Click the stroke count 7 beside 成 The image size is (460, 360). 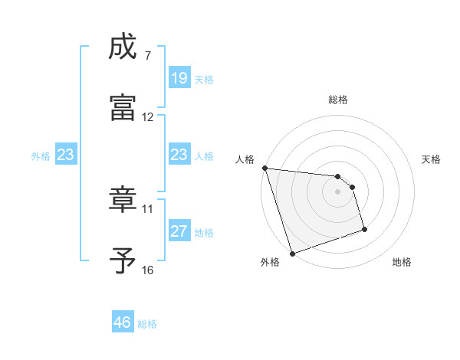148,56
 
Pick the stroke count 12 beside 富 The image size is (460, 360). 148,117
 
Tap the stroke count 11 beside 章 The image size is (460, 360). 148,208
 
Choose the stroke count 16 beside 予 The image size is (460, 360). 148,270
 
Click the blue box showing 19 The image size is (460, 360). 179,78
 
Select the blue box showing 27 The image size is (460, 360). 179,231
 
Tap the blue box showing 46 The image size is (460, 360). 123,322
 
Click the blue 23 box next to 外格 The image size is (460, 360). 66,155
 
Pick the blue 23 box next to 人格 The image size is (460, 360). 179,155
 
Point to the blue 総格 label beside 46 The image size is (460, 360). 147,324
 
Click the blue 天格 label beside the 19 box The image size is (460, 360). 204,79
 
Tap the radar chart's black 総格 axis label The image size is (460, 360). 338,100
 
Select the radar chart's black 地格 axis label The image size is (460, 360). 402,262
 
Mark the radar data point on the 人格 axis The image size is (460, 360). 264,168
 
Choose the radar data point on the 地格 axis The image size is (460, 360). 364,228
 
